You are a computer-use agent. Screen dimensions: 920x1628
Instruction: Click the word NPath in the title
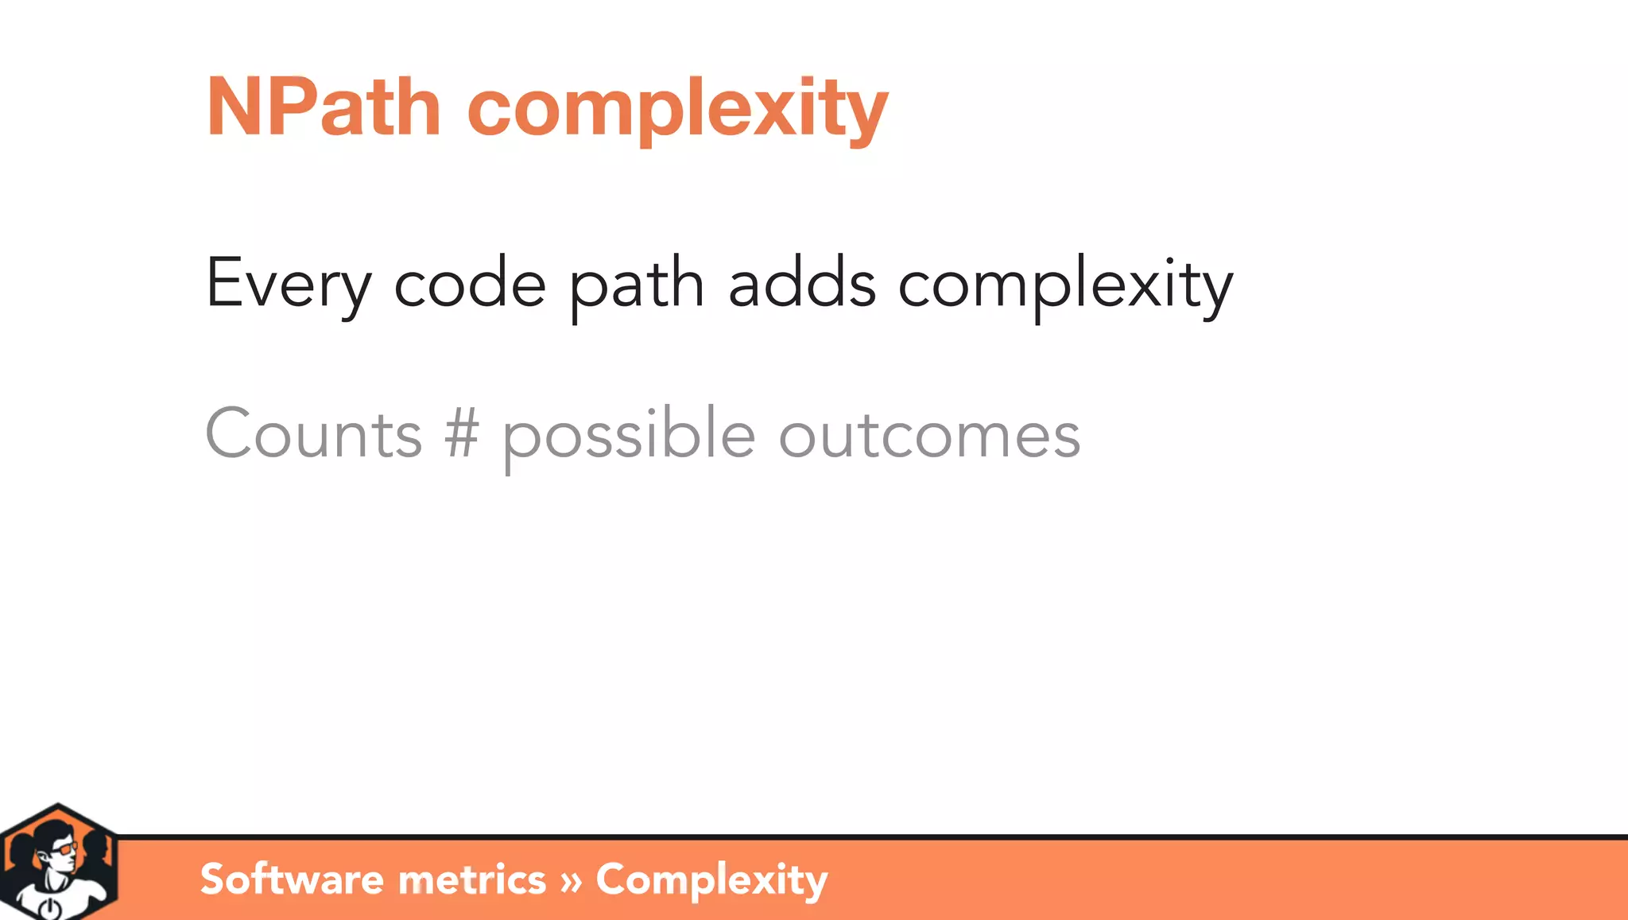[323, 107]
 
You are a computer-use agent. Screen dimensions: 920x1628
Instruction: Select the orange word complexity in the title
[677, 109]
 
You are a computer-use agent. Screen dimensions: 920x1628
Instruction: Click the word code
[470, 283]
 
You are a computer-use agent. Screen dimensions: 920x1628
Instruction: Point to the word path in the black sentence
[637, 285]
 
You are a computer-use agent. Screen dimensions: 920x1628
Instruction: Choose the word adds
[801, 283]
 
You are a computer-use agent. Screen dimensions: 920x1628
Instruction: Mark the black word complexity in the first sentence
[1065, 285]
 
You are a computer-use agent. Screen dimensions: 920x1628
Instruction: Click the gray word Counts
[313, 434]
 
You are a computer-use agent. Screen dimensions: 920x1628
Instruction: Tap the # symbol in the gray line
[462, 434]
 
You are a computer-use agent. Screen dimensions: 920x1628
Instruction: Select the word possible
[628, 436]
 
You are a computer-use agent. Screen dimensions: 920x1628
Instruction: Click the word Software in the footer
[292, 879]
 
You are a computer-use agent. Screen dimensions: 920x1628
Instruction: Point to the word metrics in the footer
[472, 879]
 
